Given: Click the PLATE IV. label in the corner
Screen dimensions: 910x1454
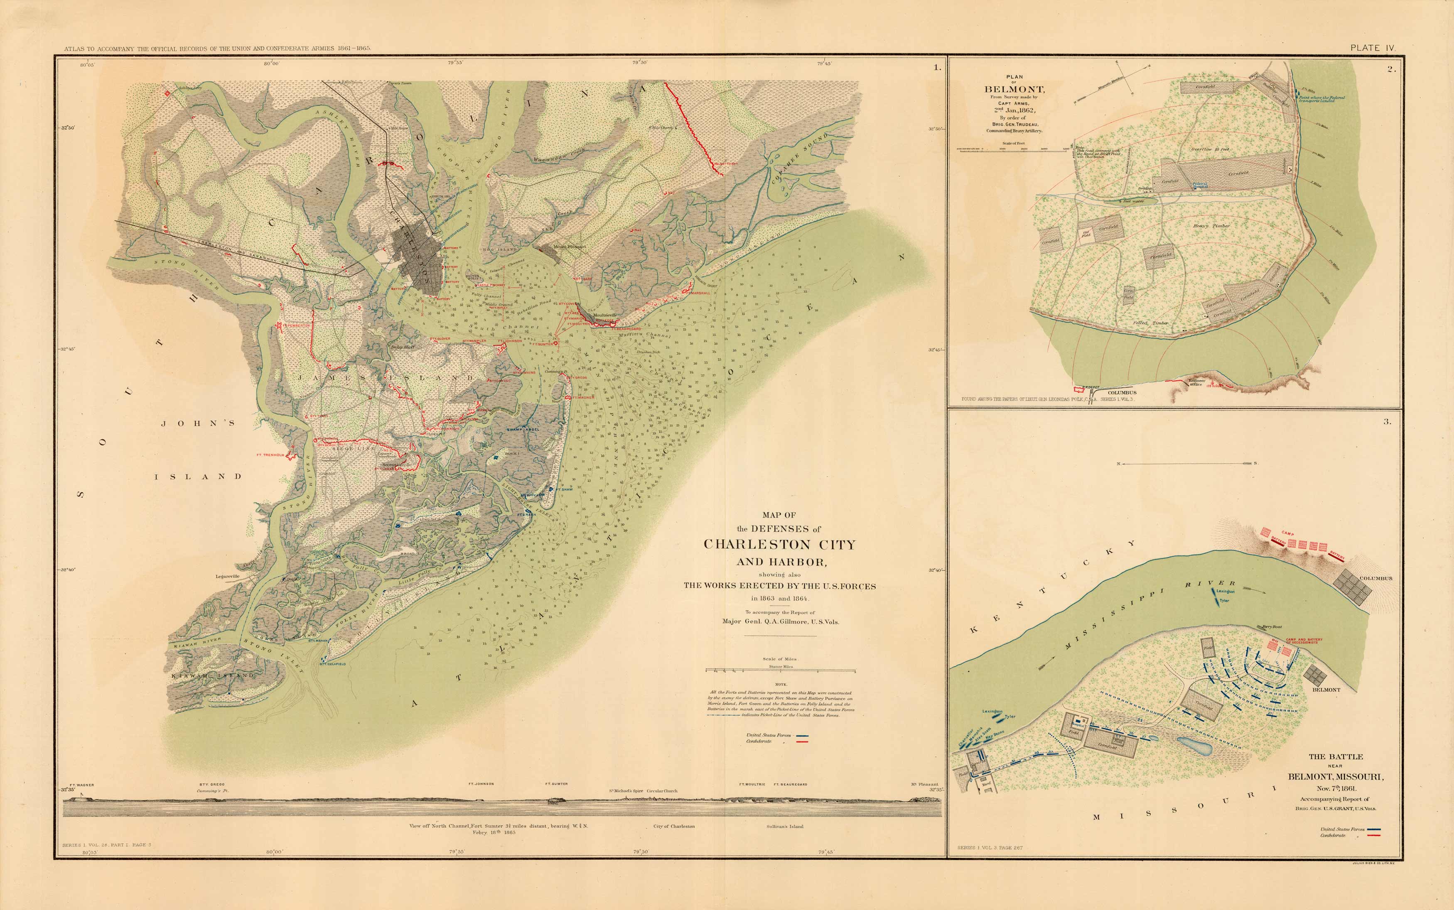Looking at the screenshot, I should tap(1372, 48).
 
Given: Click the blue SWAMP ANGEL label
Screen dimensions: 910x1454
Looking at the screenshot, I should tap(523, 429).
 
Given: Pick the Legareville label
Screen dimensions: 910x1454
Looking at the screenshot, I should tap(228, 576).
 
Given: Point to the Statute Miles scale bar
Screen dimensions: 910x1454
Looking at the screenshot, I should tap(781, 670).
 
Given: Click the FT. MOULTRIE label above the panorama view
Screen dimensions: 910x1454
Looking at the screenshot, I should tap(752, 784).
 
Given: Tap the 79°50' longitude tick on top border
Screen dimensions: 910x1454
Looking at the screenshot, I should tap(639, 62).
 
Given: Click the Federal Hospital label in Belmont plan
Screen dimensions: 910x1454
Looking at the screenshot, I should tap(1200, 186).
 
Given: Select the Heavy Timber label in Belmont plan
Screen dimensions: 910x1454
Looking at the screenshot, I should tap(1211, 226).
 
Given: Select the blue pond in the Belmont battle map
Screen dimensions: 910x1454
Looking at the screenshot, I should tap(1194, 746).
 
